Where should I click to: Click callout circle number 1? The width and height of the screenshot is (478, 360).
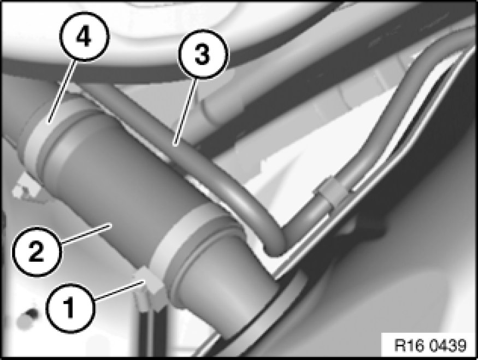[x=70, y=308]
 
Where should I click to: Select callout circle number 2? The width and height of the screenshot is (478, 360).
[x=38, y=251]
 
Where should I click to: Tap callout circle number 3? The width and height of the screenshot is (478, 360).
[x=203, y=54]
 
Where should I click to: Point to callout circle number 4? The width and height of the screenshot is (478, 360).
[x=84, y=37]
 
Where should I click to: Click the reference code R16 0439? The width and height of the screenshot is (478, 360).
[x=430, y=345]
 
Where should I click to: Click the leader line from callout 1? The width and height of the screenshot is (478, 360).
[x=119, y=290]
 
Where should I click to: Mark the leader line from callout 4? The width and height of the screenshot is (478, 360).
[x=61, y=91]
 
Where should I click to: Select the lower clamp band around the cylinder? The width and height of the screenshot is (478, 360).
[x=183, y=235]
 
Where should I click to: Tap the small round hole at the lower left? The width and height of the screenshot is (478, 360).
[x=29, y=316]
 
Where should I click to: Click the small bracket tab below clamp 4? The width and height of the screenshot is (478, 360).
[x=23, y=189]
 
